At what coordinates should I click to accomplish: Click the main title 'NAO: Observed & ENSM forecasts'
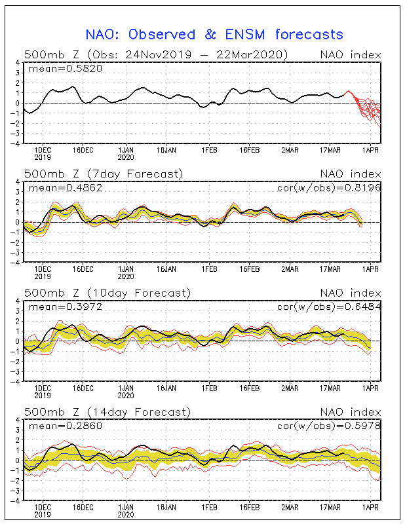tap(214, 35)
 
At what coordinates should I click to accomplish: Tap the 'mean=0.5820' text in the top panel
tap(66, 69)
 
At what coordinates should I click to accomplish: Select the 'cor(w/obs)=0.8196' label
tap(329, 188)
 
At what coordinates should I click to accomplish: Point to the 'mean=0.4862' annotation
tap(66, 188)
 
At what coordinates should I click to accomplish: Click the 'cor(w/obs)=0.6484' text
tap(329, 307)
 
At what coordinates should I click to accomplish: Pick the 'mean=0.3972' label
tap(66, 307)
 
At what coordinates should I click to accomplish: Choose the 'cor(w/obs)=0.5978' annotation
tap(329, 426)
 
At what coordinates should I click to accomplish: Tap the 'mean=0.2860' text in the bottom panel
tap(66, 426)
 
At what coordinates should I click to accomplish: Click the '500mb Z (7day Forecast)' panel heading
tap(104, 174)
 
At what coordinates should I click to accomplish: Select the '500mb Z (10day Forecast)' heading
tap(107, 293)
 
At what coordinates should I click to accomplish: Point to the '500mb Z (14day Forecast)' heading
tap(107, 412)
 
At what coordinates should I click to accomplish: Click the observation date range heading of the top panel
tap(156, 54)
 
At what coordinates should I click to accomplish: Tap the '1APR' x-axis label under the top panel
tap(370, 150)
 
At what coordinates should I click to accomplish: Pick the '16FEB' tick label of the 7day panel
tap(250, 269)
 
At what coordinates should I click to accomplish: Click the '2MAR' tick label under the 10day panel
tap(290, 388)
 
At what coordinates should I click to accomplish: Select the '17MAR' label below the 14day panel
tap(330, 507)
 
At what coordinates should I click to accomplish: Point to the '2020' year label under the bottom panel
tap(126, 515)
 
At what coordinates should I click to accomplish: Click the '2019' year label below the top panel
tap(43, 157)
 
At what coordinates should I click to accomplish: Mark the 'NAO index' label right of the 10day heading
tap(351, 293)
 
